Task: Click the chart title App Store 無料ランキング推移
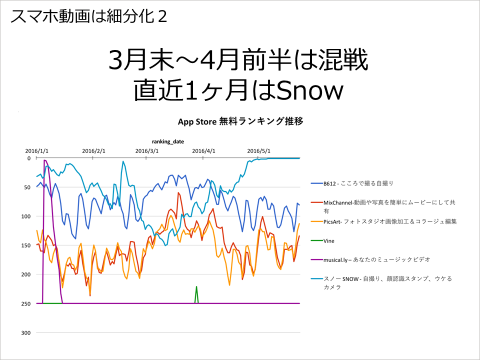[240, 121]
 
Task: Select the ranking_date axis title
[168, 141]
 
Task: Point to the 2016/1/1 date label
[36, 151]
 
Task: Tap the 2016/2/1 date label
[93, 151]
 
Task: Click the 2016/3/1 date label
[147, 151]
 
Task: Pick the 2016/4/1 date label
[203, 151]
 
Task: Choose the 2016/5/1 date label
[258, 151]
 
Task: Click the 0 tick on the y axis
[29, 158]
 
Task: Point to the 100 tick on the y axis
[26, 216]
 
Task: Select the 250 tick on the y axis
[26, 303]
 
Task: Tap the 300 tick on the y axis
[26, 333]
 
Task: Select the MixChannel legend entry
[383, 206]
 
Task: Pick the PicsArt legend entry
[383, 221]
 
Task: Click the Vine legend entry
[322, 241]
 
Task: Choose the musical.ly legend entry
[370, 260]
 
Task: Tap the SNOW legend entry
[381, 282]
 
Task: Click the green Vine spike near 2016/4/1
[196, 294]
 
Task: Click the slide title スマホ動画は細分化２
[89, 16]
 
